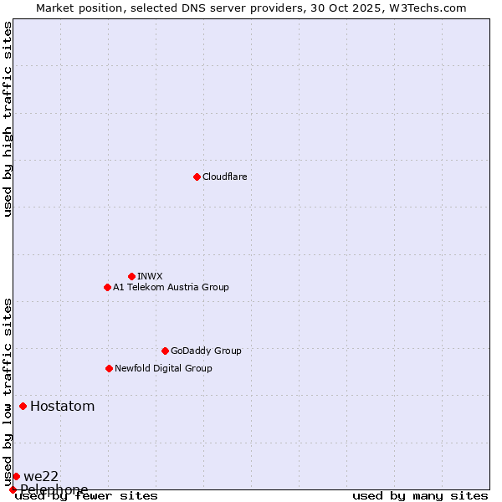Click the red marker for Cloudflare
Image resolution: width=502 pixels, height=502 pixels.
[x=197, y=177]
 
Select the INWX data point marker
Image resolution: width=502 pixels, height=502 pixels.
[x=131, y=276]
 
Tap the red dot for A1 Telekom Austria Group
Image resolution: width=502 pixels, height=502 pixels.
[x=107, y=287]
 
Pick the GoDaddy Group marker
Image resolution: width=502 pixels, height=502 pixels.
[x=165, y=351]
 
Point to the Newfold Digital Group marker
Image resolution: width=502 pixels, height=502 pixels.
[x=109, y=368]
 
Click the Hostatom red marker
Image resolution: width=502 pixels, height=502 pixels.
[x=23, y=407]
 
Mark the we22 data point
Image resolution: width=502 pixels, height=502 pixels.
[x=16, y=476]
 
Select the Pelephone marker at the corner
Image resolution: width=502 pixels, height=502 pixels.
[x=13, y=489]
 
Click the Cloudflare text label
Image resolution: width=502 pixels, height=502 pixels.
[x=224, y=177]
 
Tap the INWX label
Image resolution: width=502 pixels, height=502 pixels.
[x=150, y=276]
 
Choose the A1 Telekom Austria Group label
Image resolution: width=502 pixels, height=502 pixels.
[x=171, y=287]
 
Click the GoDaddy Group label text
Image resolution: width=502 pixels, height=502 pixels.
[x=206, y=351]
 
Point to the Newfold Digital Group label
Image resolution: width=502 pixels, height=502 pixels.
[x=163, y=368]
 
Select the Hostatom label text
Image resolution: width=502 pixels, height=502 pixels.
[x=62, y=407]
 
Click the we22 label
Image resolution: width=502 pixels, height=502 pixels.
[x=41, y=476]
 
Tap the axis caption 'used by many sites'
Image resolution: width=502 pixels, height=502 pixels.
[x=420, y=496]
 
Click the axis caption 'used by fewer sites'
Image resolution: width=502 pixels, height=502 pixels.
[x=86, y=496]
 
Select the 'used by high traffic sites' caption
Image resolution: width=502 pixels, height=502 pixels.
[x=8, y=119]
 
